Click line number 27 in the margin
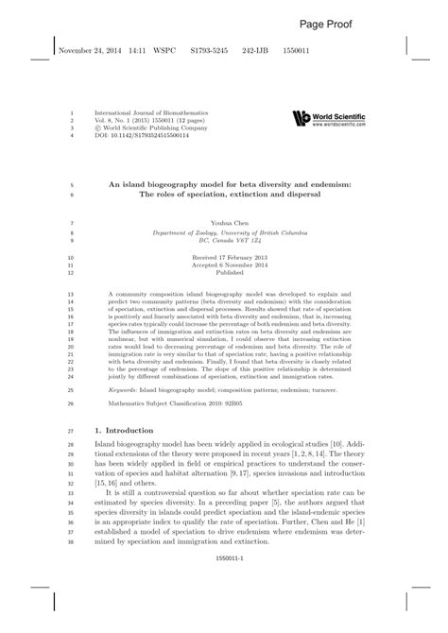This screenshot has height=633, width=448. click(x=72, y=404)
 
